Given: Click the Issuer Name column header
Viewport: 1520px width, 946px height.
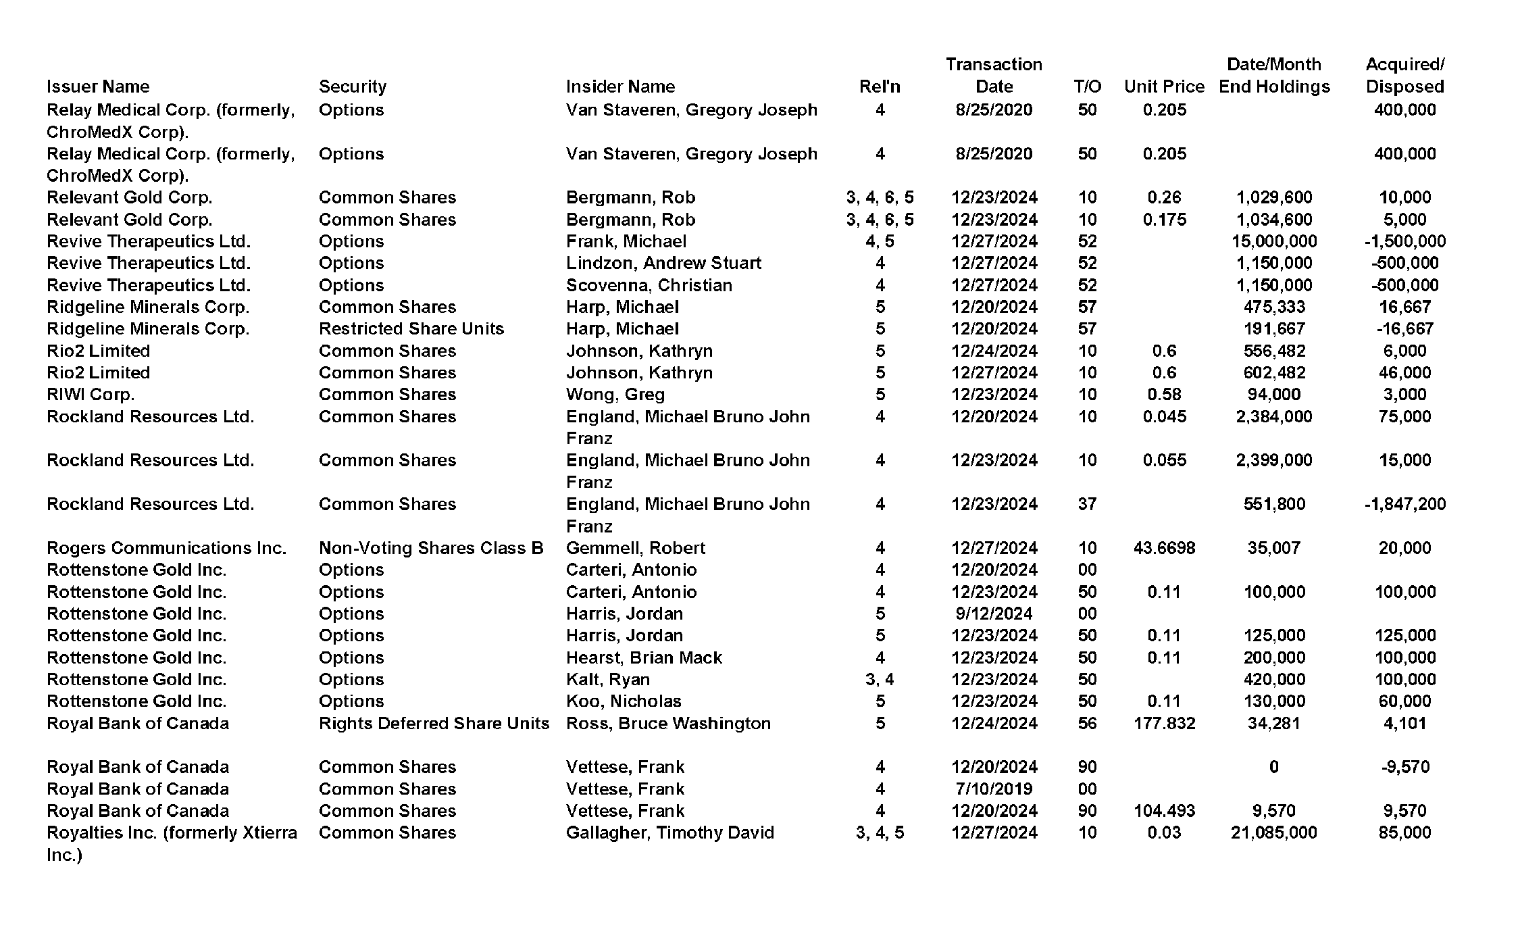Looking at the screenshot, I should (x=98, y=86).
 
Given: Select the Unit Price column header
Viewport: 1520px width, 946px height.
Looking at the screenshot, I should (x=1164, y=86).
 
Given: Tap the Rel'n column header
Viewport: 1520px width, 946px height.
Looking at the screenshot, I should (x=880, y=86).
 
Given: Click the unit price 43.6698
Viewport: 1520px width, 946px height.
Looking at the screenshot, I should (x=1164, y=548).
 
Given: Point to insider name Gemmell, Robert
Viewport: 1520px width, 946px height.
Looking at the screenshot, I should (x=635, y=548).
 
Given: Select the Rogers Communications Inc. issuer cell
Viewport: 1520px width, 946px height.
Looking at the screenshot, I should (x=166, y=548).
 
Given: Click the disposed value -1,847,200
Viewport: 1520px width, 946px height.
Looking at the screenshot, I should (x=1404, y=504).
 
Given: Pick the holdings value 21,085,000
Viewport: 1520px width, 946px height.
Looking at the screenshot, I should (x=1273, y=832).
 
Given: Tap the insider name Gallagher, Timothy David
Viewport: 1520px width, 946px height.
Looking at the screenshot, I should (x=669, y=832).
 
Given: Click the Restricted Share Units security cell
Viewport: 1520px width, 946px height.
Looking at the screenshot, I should (x=411, y=329).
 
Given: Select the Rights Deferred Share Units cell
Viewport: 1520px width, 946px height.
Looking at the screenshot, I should (x=434, y=724).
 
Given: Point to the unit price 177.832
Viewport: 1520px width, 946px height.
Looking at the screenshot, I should (x=1164, y=724).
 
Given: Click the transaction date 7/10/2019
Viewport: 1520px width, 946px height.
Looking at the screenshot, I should (x=994, y=789).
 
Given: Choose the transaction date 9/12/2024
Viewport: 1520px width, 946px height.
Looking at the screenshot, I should (x=994, y=614).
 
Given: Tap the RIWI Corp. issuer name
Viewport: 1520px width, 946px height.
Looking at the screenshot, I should (x=91, y=395).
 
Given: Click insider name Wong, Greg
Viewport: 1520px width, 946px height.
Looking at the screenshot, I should (x=615, y=395).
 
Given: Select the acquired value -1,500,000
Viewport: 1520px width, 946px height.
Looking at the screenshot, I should (x=1404, y=241).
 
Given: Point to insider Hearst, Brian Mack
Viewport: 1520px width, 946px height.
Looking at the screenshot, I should (x=643, y=657).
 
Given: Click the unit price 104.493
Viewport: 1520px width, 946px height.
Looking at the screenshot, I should (x=1164, y=811).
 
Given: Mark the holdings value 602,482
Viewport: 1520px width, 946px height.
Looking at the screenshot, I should (x=1273, y=373).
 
